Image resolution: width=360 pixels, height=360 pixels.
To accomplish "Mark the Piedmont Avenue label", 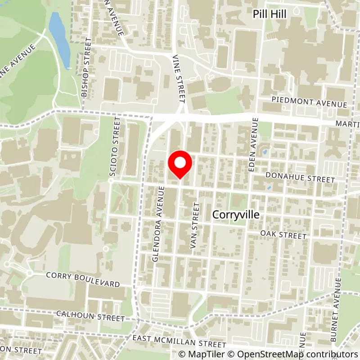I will [x=310, y=102].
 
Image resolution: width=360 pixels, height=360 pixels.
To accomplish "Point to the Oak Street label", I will [x=283, y=235].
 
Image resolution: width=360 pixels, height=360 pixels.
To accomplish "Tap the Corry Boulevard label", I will [x=83, y=280].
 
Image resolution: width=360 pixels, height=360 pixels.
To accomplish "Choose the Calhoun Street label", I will [x=90, y=315].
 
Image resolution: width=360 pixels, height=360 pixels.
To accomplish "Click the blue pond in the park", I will [x=59, y=38].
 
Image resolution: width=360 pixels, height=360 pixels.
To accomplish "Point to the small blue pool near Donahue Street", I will [x=269, y=188].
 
